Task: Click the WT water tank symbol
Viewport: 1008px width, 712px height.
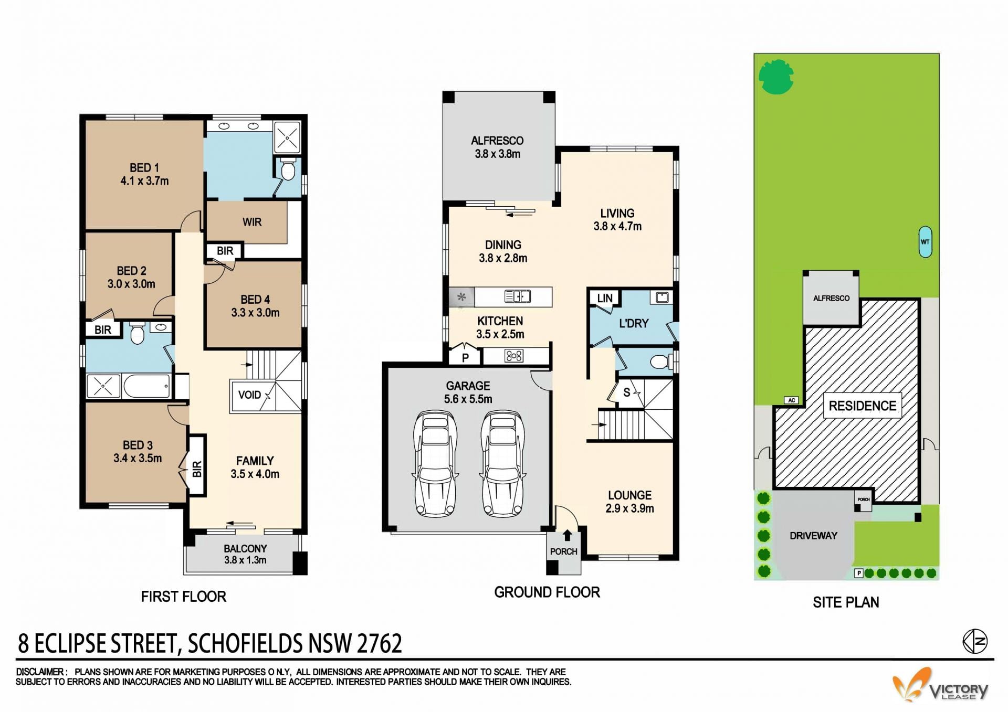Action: pyautogui.click(x=925, y=242)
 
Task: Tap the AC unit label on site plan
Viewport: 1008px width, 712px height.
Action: pyautogui.click(x=792, y=400)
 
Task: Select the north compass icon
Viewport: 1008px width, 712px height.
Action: pyautogui.click(x=975, y=641)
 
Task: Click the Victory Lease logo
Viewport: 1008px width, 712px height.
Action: pyautogui.click(x=940, y=685)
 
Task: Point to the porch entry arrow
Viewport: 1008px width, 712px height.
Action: pyautogui.click(x=567, y=535)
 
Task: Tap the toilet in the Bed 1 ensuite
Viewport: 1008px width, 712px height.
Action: pyautogui.click(x=288, y=169)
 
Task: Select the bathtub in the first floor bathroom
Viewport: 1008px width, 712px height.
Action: pyautogui.click(x=147, y=387)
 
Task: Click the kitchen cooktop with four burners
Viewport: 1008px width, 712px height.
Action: pyautogui.click(x=513, y=356)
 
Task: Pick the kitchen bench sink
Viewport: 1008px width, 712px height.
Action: pyautogui.click(x=518, y=296)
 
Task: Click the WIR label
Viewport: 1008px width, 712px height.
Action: pyautogui.click(x=252, y=222)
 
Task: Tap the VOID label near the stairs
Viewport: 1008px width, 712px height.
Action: pyautogui.click(x=249, y=395)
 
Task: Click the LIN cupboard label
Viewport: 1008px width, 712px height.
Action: pyautogui.click(x=605, y=298)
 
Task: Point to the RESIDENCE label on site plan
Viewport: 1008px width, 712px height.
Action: pyautogui.click(x=863, y=406)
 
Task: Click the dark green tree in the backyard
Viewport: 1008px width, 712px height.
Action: pyautogui.click(x=776, y=77)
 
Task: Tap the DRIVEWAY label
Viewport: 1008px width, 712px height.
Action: pyautogui.click(x=813, y=536)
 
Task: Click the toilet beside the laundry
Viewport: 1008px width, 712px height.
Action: pyautogui.click(x=659, y=362)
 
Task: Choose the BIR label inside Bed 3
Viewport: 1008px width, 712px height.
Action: pyautogui.click(x=197, y=469)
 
